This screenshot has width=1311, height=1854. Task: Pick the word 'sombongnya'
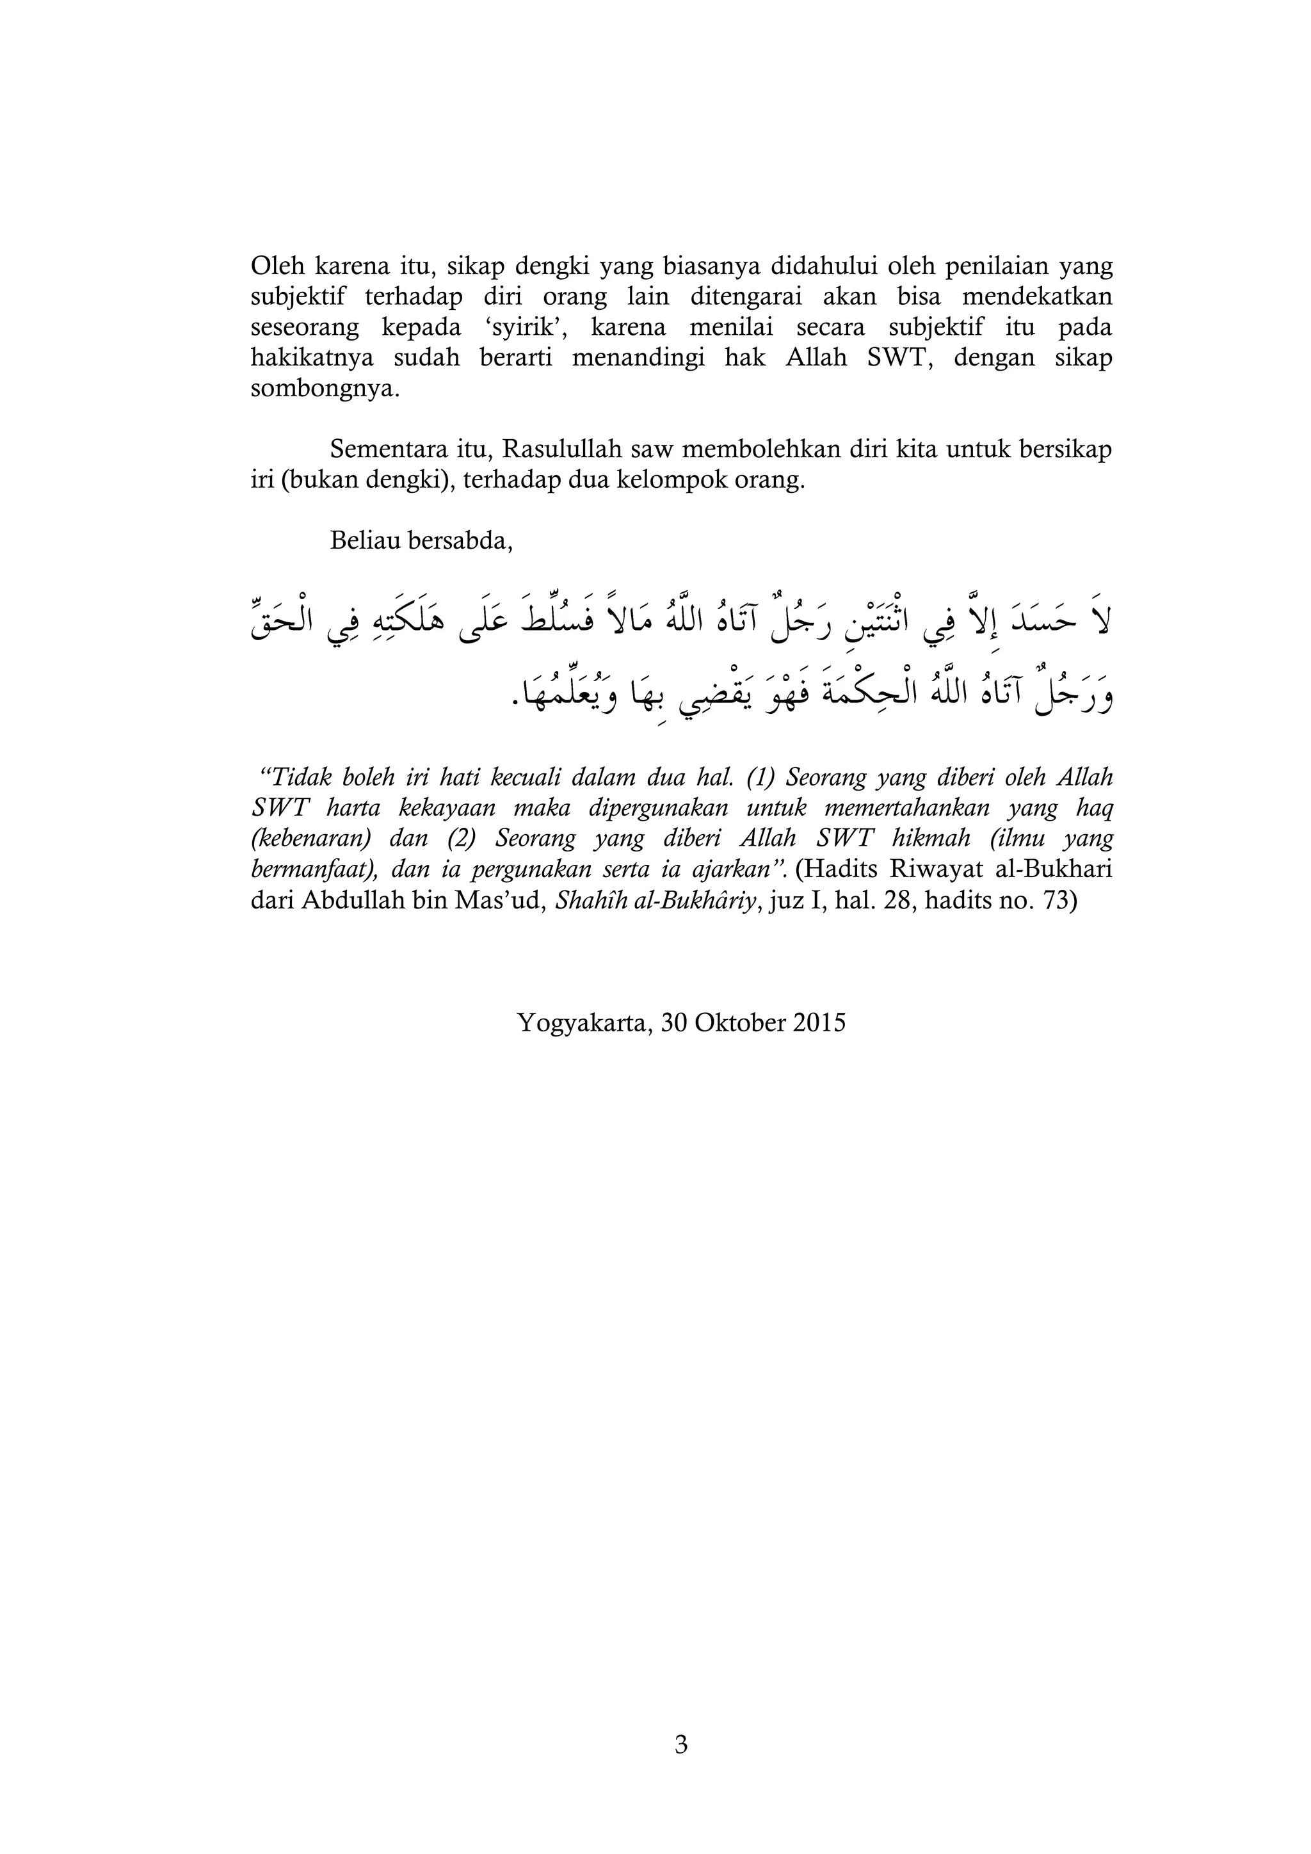pos(324,389)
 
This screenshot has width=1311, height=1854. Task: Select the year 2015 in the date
pos(817,1023)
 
